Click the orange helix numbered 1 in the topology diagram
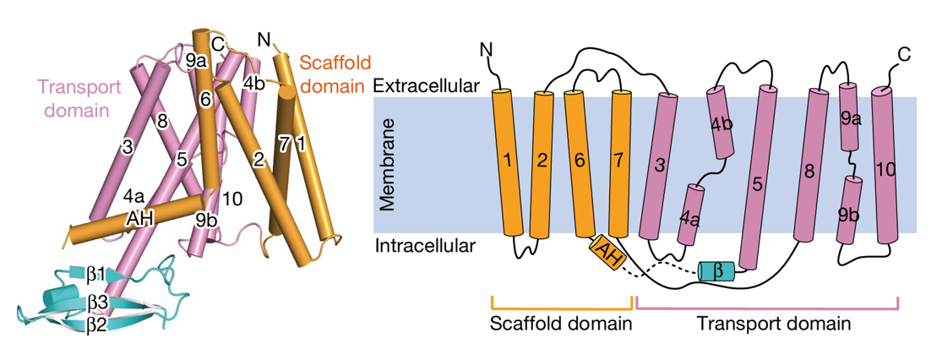(x=507, y=161)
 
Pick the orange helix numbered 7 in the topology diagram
(x=621, y=161)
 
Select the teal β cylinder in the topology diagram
(x=716, y=270)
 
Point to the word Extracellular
(x=416, y=86)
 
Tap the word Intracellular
(x=415, y=246)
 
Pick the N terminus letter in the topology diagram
(x=485, y=51)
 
